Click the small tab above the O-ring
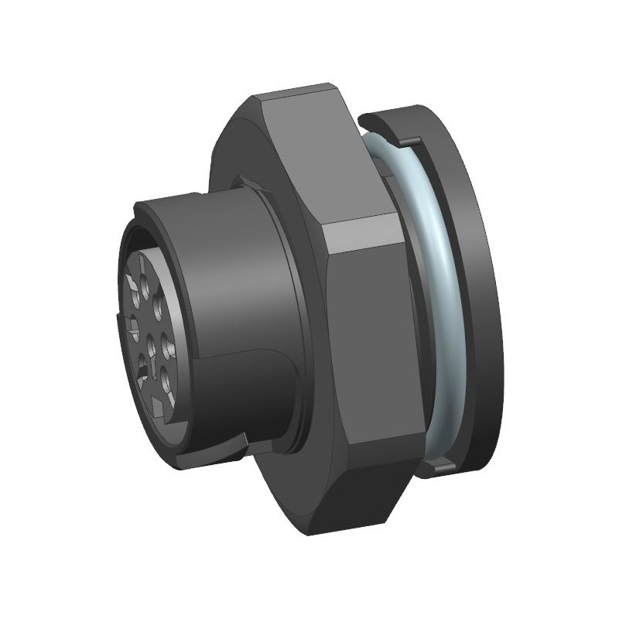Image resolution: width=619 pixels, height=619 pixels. (411, 141)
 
